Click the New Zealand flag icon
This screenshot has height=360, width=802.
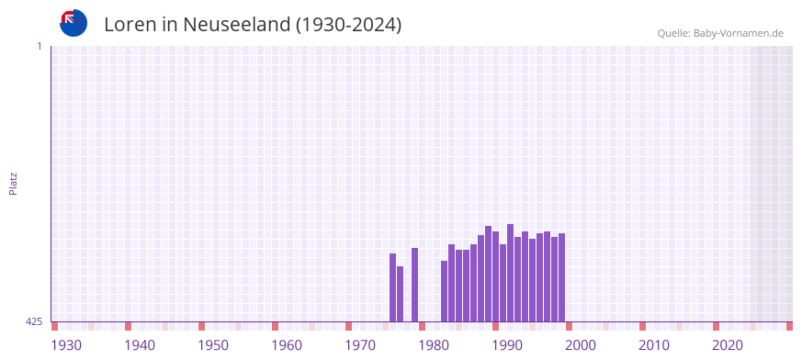pos(73,23)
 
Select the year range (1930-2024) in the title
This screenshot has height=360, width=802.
pos(348,25)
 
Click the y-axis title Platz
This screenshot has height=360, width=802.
pos(13,183)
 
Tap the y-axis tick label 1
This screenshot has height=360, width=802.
pos(39,46)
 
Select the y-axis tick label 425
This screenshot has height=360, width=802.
pos(34,321)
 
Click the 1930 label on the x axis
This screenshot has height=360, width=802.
pos(66,345)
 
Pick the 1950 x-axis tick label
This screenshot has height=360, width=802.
pos(213,345)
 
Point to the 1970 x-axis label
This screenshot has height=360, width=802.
pos(360,345)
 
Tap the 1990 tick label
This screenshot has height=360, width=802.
pos(507,345)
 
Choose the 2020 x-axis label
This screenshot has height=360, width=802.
pos(728,345)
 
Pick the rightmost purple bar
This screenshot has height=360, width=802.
pos(561,277)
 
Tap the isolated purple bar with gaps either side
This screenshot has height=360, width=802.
pos(414,285)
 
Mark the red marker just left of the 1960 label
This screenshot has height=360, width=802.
pos(275,326)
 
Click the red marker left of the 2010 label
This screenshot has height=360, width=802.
pos(642,326)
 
